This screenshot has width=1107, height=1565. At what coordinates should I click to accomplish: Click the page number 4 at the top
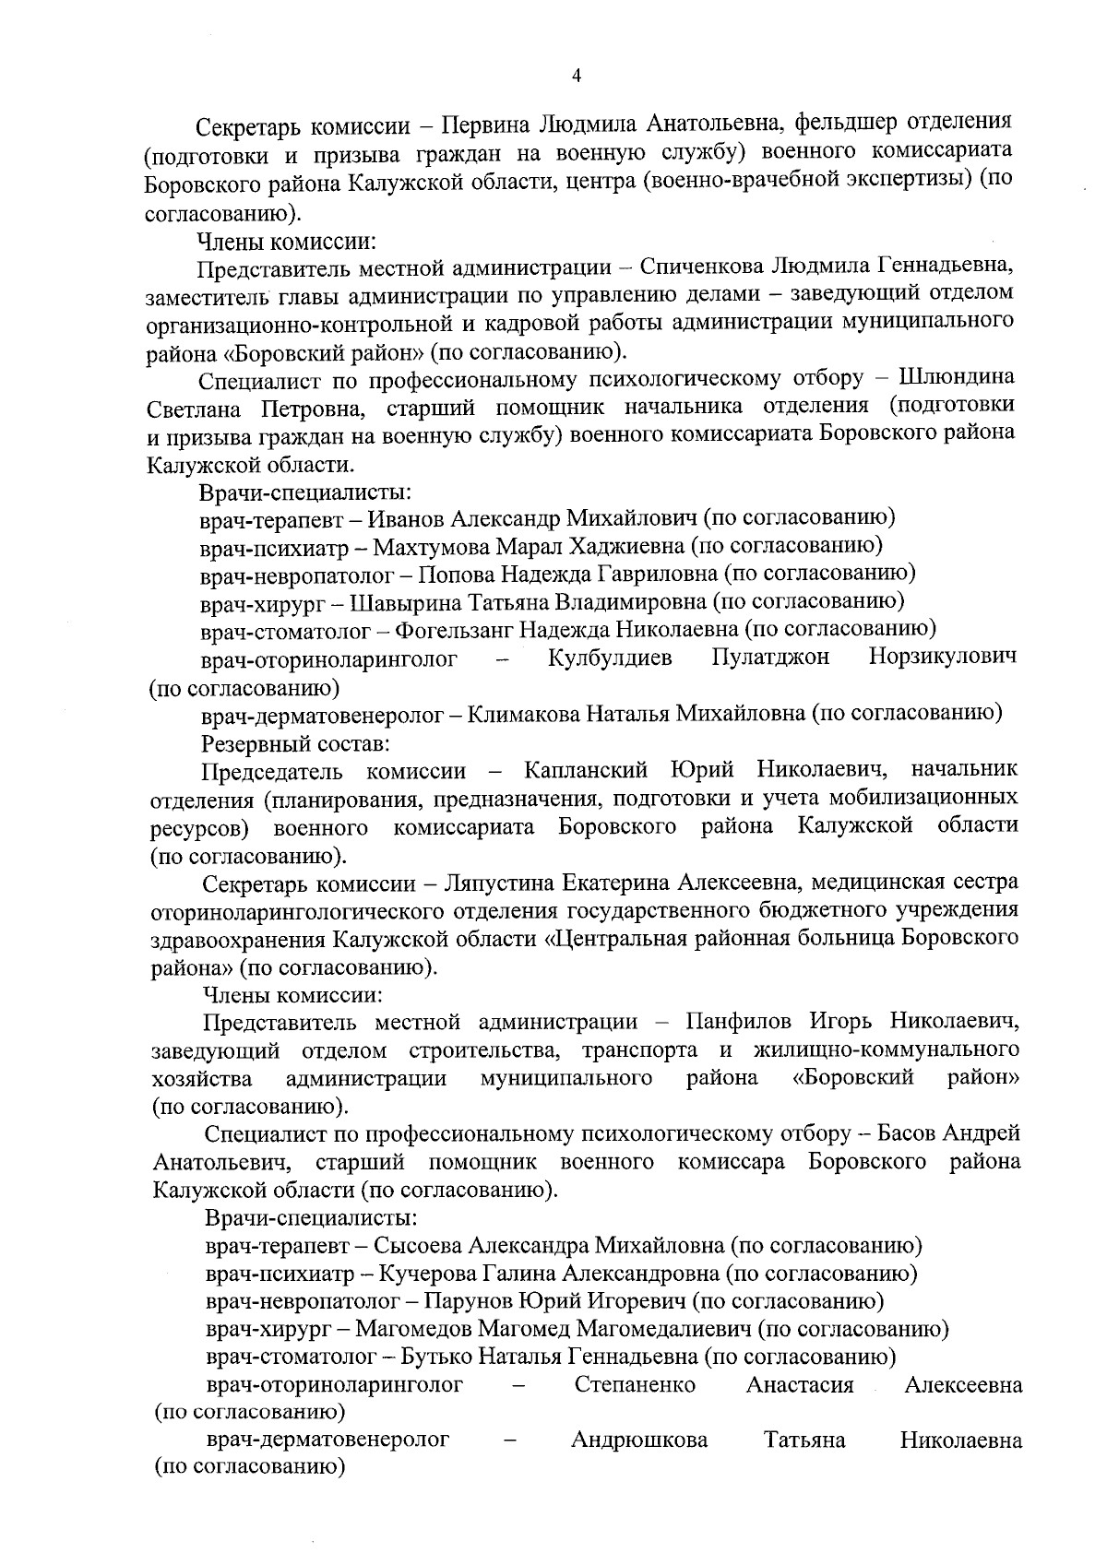pos(577,77)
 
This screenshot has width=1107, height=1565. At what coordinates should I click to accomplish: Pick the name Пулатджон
pos(770,658)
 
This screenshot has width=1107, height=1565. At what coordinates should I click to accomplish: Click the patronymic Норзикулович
pos(942,658)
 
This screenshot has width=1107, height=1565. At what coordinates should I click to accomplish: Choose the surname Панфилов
pos(735,1022)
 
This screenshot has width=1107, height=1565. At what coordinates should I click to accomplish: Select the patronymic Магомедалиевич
pos(663,1330)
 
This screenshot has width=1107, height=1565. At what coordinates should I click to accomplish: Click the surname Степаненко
pos(635,1385)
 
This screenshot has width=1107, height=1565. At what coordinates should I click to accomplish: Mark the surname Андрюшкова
pos(639,1441)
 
